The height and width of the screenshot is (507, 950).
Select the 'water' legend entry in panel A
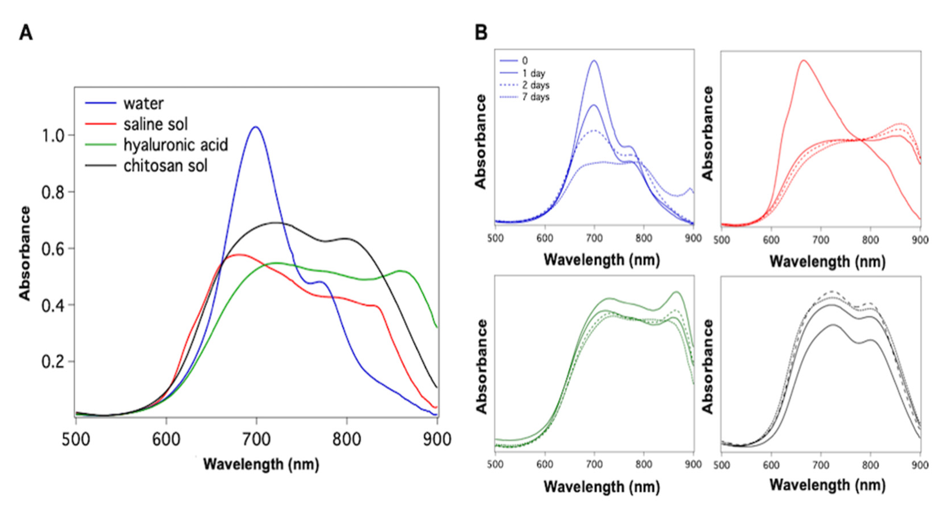coord(143,104)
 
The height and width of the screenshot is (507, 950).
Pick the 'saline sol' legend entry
coord(155,124)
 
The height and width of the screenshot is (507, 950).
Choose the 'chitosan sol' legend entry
coord(165,166)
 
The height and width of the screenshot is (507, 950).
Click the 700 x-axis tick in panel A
coord(256,440)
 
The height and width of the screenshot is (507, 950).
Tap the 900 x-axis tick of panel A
coord(437,440)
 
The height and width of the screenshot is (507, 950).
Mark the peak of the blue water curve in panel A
coord(256,127)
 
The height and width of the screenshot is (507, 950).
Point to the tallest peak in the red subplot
coord(803,60)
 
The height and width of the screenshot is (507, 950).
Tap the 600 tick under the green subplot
coord(545,464)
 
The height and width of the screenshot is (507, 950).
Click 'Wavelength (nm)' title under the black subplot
coord(827,484)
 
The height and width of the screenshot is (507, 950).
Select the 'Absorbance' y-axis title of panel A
coord(25,253)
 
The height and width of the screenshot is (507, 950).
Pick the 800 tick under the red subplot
coord(870,240)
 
